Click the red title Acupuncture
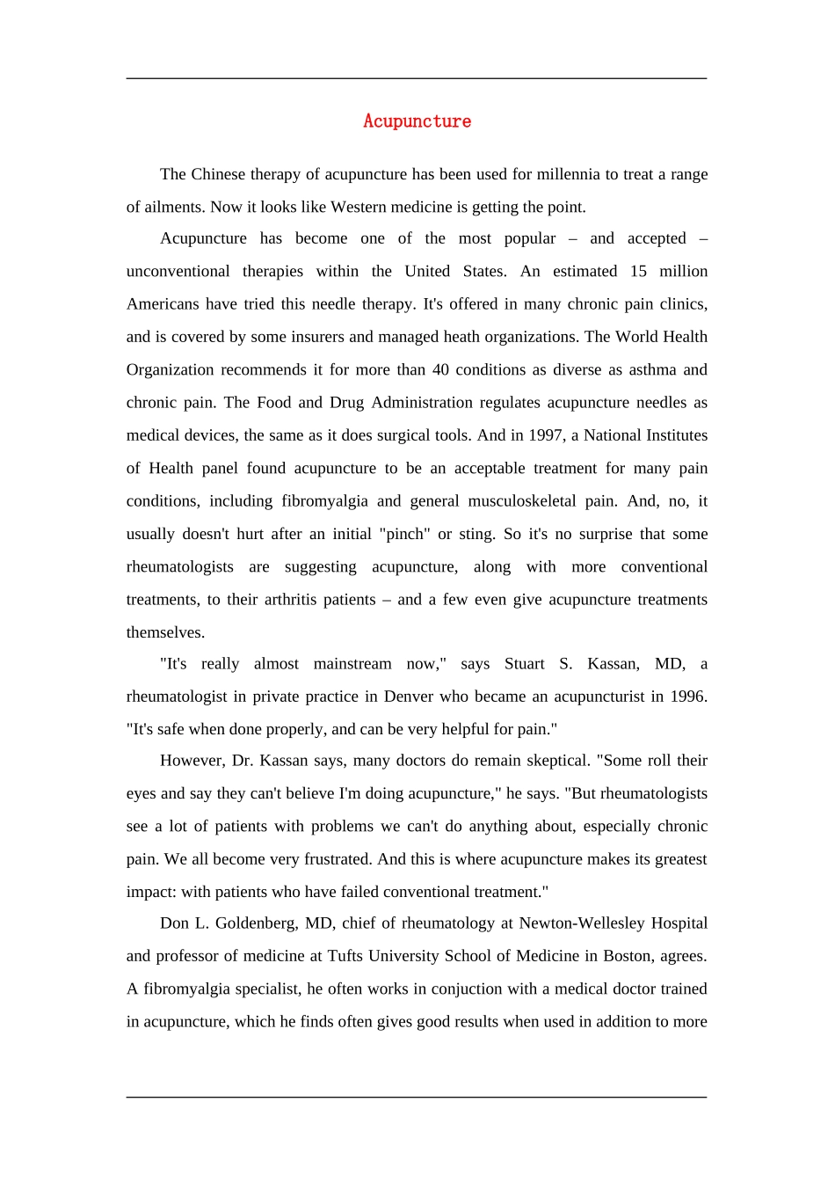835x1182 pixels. point(417,121)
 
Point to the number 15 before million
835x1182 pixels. point(638,271)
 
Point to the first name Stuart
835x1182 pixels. point(525,664)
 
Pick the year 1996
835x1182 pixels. point(687,697)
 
